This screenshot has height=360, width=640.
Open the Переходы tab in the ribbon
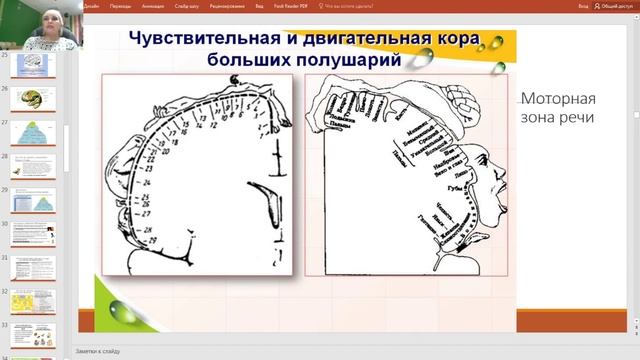coord(121,5)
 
